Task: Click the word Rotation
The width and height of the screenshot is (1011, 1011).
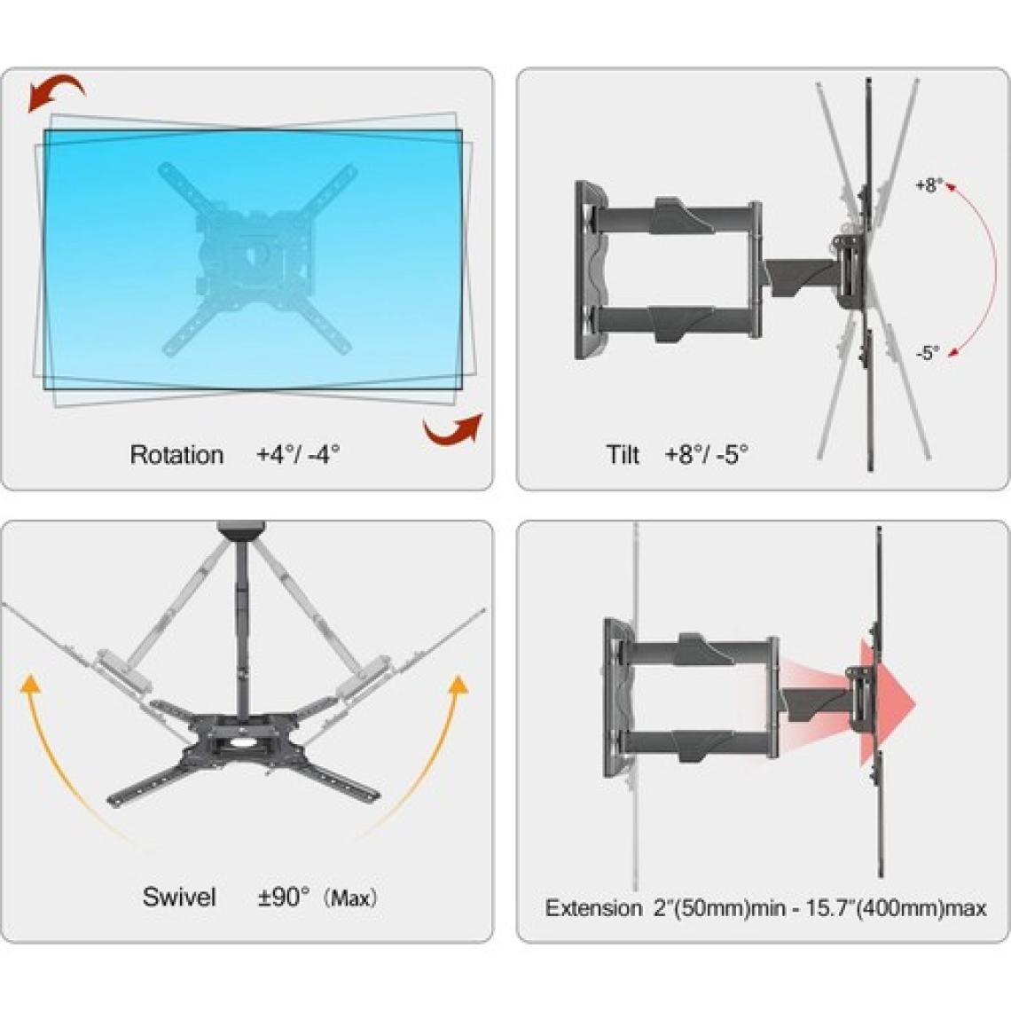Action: tap(176, 455)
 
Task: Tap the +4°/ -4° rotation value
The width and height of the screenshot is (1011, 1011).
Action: tap(298, 454)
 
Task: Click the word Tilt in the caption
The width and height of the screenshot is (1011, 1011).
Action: tap(623, 455)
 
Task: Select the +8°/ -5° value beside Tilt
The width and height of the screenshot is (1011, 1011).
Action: tap(707, 454)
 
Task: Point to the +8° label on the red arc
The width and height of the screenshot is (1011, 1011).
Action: tap(929, 185)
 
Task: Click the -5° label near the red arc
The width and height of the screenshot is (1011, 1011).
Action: tap(928, 353)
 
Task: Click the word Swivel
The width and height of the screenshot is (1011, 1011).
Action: tap(179, 897)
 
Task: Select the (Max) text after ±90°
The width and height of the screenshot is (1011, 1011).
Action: tap(350, 898)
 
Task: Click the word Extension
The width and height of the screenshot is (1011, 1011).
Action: tap(594, 908)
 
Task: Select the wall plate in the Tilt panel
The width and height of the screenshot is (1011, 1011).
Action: tap(590, 270)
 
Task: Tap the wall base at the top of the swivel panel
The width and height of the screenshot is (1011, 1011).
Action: tap(241, 529)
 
